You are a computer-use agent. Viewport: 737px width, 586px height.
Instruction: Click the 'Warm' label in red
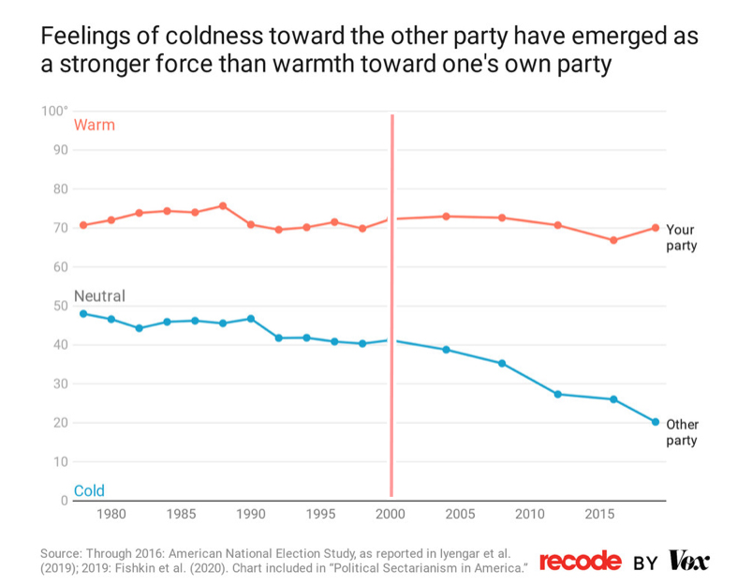pos(94,125)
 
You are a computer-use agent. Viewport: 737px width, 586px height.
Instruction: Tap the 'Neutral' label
pos(99,296)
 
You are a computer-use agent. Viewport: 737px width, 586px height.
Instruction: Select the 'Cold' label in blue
pos(89,491)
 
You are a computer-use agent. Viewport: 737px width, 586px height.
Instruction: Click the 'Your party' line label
pos(681,237)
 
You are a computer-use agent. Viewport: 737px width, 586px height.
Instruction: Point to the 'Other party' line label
pos(682,432)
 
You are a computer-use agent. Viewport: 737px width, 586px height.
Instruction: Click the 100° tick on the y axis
pos(55,112)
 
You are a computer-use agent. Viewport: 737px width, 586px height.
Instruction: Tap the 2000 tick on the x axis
pos(391,514)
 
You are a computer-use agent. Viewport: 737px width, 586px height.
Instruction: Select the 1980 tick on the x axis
pos(111,514)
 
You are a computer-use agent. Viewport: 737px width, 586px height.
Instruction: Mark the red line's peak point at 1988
pos(223,205)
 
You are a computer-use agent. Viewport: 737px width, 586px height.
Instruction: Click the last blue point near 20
pos(656,422)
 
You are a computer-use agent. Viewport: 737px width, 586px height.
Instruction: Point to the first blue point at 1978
pos(83,313)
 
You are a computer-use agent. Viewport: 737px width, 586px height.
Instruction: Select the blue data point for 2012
pos(558,394)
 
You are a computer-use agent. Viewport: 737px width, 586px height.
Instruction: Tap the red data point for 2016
pos(613,240)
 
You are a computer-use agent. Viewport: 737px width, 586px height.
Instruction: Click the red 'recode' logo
pos(580,561)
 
